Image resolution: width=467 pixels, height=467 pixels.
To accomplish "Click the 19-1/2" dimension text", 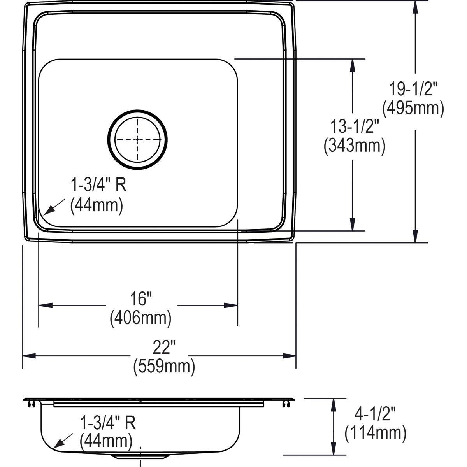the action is click(414, 89).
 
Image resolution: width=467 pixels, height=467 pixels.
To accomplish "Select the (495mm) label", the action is click(413, 108).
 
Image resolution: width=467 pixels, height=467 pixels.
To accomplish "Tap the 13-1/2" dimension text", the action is click(355, 126).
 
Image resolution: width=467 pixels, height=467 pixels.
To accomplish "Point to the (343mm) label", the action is click(355, 146).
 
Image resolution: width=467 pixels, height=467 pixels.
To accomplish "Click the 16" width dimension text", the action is click(141, 298).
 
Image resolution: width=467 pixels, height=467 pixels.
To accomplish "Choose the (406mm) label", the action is click(140, 318).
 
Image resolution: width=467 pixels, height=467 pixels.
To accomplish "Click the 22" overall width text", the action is click(164, 347).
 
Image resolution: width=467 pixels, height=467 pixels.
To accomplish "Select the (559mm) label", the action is click(164, 367).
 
